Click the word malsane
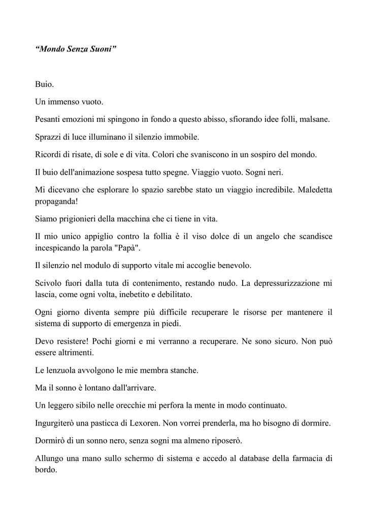tap(315, 119)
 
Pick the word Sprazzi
tap(49, 137)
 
